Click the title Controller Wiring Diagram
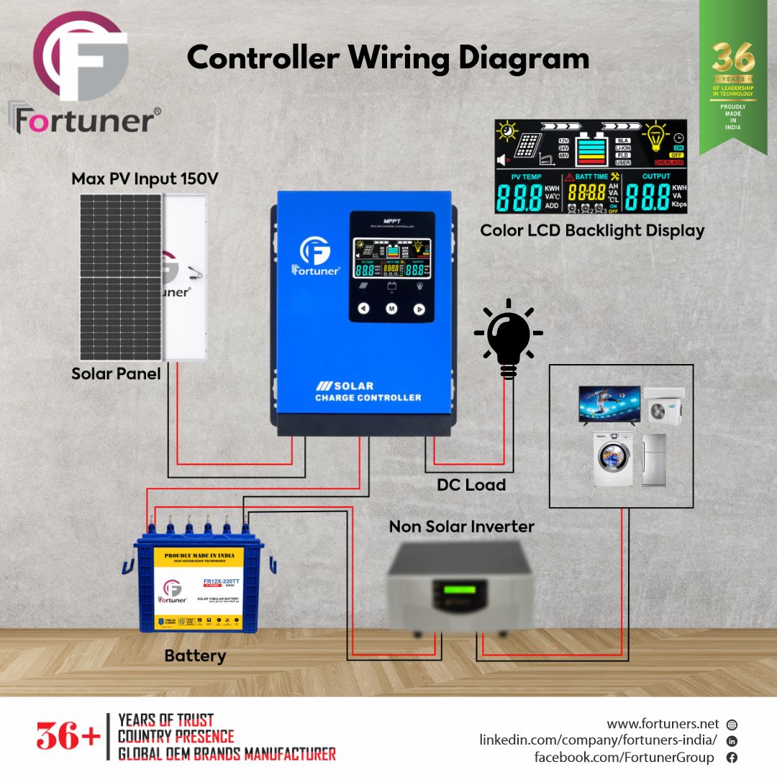[x=388, y=58]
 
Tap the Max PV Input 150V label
[x=145, y=178]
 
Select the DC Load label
[x=471, y=485]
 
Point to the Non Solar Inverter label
[x=461, y=527]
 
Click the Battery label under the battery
[x=195, y=656]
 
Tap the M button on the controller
[x=391, y=309]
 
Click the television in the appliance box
[x=609, y=404]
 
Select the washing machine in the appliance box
[x=612, y=458]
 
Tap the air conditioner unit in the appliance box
[x=663, y=406]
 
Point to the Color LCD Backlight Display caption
[x=591, y=231]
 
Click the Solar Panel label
[x=116, y=374]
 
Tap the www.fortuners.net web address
[x=663, y=724]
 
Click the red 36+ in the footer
[x=68, y=737]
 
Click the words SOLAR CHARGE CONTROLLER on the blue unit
[x=368, y=391]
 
